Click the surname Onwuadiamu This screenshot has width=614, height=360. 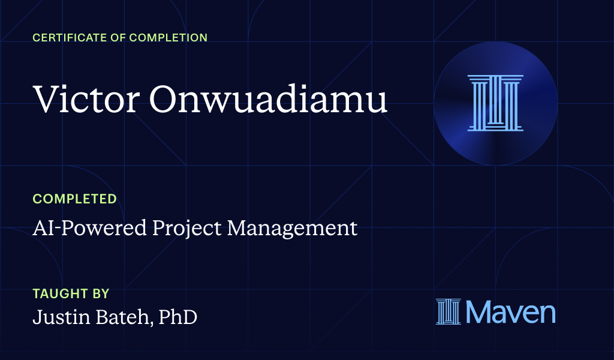[268, 99]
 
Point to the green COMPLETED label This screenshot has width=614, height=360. [74, 199]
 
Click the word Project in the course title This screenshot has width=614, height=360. [178, 228]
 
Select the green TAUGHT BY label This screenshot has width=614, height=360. [71, 294]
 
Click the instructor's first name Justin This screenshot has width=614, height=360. [61, 316]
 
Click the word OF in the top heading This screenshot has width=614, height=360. [116, 38]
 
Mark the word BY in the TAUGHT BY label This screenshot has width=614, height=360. [101, 294]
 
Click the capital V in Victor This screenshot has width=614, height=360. [44, 99]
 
